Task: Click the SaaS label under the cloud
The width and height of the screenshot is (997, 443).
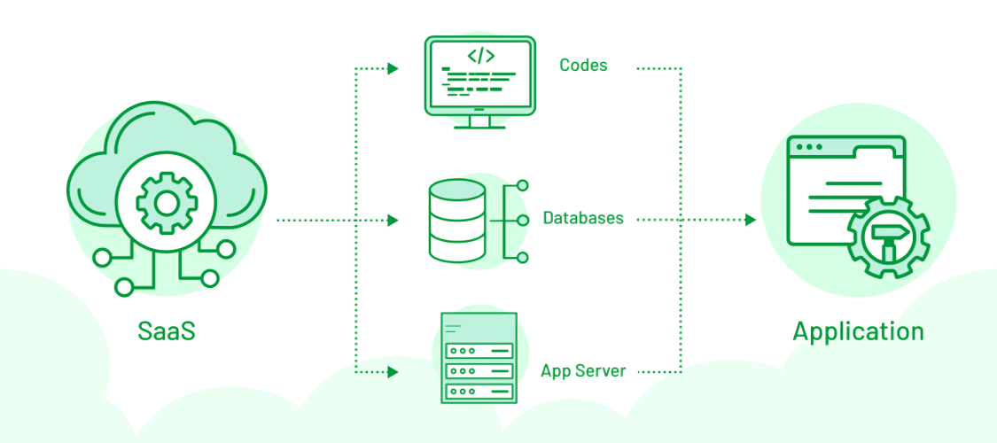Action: (166, 331)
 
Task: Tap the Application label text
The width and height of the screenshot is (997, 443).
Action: (858, 332)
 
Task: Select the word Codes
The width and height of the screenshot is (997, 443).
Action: (583, 65)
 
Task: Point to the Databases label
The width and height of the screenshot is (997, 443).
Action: (583, 218)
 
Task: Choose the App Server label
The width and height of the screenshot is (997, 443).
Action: (583, 370)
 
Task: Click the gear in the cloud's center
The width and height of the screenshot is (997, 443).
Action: (167, 204)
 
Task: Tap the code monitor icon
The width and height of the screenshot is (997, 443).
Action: (479, 82)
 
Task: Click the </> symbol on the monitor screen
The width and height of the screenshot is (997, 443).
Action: (480, 55)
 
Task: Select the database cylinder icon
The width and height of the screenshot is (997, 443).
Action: (456, 220)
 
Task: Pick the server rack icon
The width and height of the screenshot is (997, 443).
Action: (479, 358)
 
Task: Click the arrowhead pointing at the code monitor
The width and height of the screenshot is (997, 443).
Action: (393, 68)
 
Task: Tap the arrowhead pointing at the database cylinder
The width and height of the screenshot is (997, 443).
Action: (393, 220)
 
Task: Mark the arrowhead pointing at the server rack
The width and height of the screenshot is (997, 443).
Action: (393, 371)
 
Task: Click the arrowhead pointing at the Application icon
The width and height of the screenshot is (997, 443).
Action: (751, 220)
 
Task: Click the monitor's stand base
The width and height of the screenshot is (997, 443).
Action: (479, 127)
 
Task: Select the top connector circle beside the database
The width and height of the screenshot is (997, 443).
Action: (523, 185)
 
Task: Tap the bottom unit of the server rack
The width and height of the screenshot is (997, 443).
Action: (479, 390)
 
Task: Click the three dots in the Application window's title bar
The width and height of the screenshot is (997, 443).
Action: (809, 147)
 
